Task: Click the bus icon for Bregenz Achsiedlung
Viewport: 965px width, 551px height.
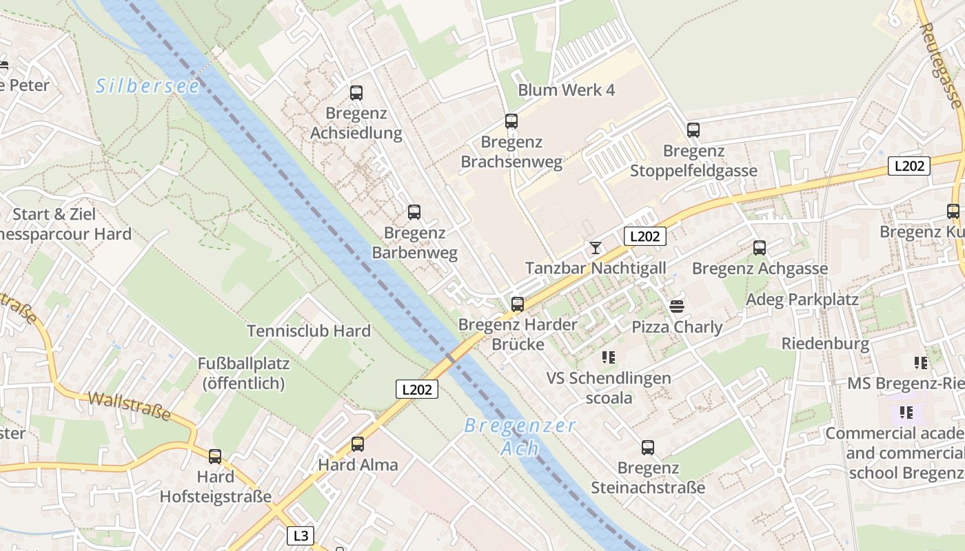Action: click(356, 92)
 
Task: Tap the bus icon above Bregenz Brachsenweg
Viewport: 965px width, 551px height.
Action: click(511, 121)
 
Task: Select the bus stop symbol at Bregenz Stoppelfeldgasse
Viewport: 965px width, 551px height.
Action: click(693, 129)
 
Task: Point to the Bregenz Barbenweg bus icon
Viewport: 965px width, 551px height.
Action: click(414, 212)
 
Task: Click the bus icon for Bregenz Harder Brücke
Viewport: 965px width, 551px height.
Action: click(518, 304)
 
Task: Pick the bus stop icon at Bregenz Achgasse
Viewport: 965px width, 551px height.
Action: click(760, 247)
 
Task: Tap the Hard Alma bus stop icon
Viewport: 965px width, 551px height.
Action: click(358, 444)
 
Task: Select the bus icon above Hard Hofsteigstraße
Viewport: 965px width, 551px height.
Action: click(215, 456)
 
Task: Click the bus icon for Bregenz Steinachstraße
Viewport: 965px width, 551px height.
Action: click(648, 448)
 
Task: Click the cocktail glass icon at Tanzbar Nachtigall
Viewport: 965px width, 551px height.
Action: click(596, 247)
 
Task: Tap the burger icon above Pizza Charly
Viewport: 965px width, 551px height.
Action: click(677, 306)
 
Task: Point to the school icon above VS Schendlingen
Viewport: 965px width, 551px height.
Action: click(609, 357)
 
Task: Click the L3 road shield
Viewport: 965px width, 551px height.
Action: click(301, 535)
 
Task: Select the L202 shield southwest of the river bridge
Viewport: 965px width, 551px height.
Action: click(417, 389)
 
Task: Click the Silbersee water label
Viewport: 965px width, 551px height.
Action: click(148, 86)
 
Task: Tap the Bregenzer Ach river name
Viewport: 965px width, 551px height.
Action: click(520, 437)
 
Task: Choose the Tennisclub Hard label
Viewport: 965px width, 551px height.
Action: click(309, 331)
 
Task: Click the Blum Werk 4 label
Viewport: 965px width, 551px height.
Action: click(566, 90)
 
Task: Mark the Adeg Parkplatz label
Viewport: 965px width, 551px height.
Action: click(802, 300)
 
